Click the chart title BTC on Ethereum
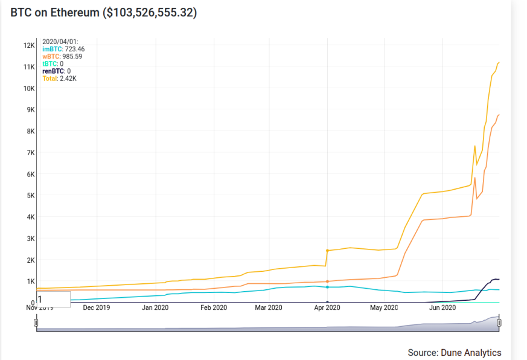pyautogui.click(x=55, y=13)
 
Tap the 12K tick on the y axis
pyautogui.click(x=29, y=45)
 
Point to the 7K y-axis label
pyautogui.click(x=31, y=153)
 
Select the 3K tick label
pyautogui.click(x=31, y=239)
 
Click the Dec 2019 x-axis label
pyautogui.click(x=97, y=307)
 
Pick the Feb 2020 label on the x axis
pyautogui.click(x=214, y=307)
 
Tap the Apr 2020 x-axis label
pyautogui.click(x=327, y=307)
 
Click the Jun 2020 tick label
pyautogui.click(x=442, y=307)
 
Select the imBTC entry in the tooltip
pyautogui.click(x=63, y=49)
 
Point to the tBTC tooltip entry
pyautogui.click(x=53, y=64)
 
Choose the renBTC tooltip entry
pyautogui.click(x=57, y=71)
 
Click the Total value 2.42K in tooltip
pyautogui.click(x=68, y=79)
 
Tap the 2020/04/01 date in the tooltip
pyautogui.click(x=60, y=42)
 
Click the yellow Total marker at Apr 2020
pyautogui.click(x=327, y=251)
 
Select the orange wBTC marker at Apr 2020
pyautogui.click(x=327, y=281)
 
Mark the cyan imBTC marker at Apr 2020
pyautogui.click(x=327, y=287)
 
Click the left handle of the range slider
pyautogui.click(x=36, y=323)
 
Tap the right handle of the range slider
pyautogui.click(x=499, y=323)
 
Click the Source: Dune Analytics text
pyautogui.click(x=455, y=353)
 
